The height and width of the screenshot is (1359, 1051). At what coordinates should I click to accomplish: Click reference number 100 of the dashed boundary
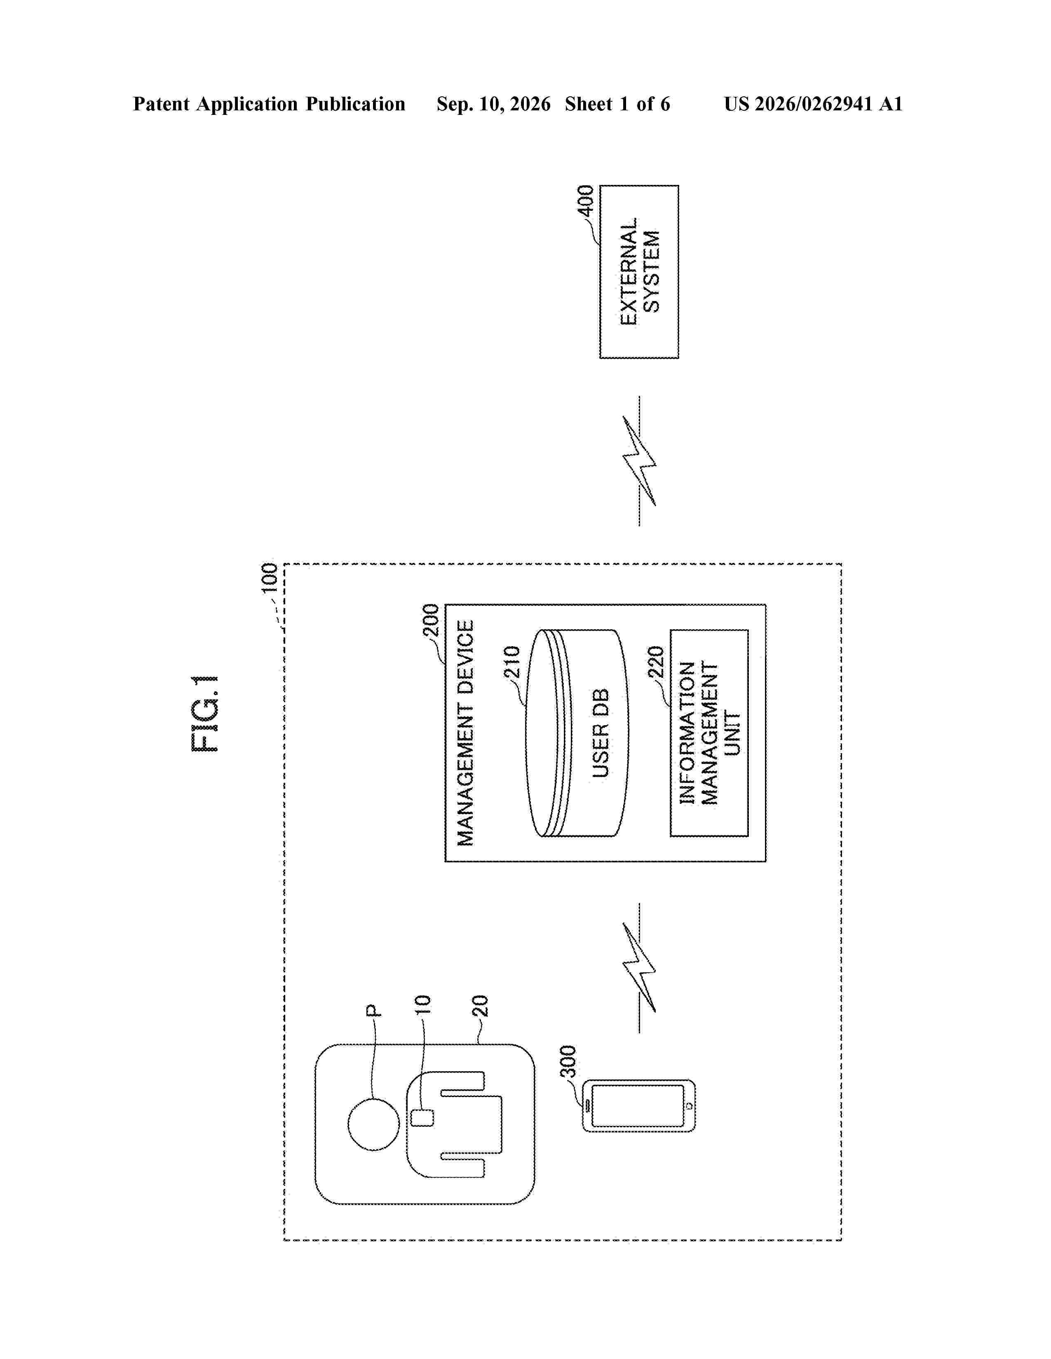269,578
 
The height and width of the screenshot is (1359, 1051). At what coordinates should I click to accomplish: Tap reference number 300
568,1062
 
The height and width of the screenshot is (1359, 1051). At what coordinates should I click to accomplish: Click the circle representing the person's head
373,1124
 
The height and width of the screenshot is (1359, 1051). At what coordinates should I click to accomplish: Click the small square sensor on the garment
423,1118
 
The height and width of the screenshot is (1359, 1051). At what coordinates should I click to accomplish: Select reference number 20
480,1006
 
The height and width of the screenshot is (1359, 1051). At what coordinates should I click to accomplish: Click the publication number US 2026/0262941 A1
813,104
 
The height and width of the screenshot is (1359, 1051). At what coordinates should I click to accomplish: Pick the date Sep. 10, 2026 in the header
494,104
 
